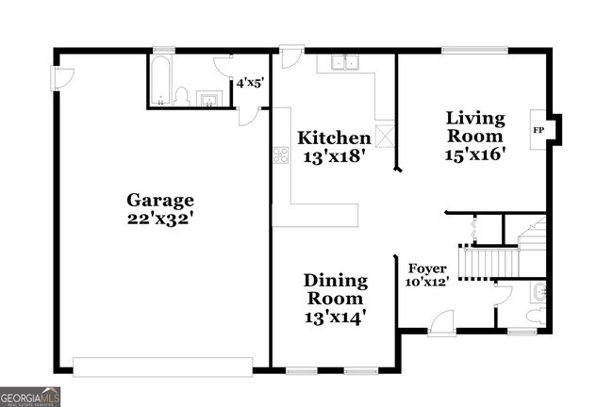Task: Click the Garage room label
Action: (x=160, y=200)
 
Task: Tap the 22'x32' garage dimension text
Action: (x=160, y=220)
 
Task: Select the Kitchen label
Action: (x=334, y=138)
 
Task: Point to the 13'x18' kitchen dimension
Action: (x=334, y=158)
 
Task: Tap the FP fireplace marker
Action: (x=538, y=129)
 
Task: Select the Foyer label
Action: (x=426, y=268)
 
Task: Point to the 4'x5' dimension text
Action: (x=249, y=83)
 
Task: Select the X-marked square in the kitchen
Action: (x=385, y=135)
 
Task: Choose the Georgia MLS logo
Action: (x=30, y=397)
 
